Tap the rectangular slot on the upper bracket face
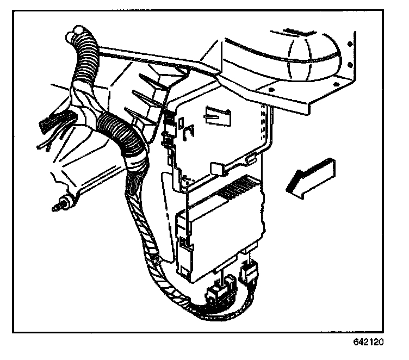(x=215, y=114)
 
